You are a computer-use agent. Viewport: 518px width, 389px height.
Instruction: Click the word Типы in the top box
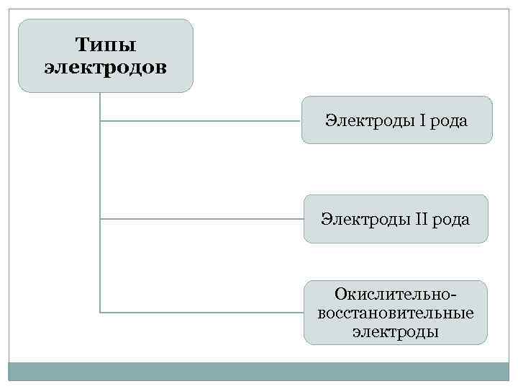(x=105, y=45)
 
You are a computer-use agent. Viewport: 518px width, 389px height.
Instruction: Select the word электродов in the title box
(x=105, y=68)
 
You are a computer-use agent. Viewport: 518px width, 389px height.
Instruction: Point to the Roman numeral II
(x=420, y=219)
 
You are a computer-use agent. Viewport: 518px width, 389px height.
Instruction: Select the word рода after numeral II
(x=450, y=219)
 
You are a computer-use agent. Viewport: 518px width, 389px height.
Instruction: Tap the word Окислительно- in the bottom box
(x=395, y=294)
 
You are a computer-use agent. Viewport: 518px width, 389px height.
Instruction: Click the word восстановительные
(x=395, y=313)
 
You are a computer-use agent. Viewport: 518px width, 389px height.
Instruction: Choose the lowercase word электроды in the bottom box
(x=395, y=332)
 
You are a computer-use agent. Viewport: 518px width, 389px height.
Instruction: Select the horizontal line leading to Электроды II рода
(x=201, y=218)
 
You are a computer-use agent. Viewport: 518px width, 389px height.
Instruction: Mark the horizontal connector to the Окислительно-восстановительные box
(x=201, y=313)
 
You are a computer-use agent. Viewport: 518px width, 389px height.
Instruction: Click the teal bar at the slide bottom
(x=259, y=371)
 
